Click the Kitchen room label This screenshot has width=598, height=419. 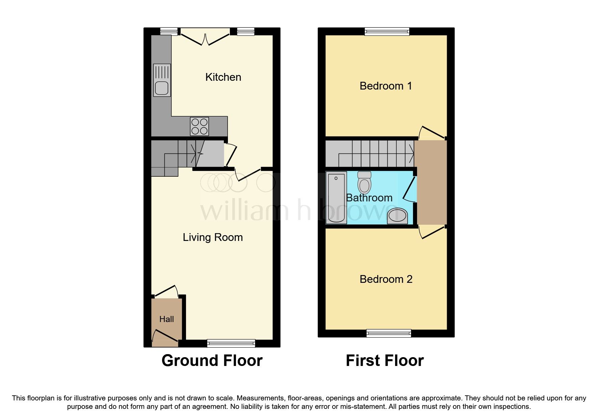(223, 77)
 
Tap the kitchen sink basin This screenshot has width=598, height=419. (162, 88)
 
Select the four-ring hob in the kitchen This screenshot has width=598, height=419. (199, 126)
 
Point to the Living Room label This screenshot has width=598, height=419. (213, 237)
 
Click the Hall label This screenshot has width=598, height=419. (166, 319)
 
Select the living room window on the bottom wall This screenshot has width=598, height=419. (231, 343)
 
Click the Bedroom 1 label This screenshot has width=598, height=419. (386, 86)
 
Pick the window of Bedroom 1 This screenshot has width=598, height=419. (387, 32)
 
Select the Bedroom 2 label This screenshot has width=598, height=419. (386, 279)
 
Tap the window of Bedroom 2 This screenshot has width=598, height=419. (389, 333)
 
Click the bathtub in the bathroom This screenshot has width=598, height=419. (336, 198)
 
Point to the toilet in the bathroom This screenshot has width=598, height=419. (364, 182)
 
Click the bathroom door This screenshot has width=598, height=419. (409, 189)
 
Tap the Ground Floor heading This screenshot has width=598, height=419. (212, 361)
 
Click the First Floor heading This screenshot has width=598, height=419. (385, 361)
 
